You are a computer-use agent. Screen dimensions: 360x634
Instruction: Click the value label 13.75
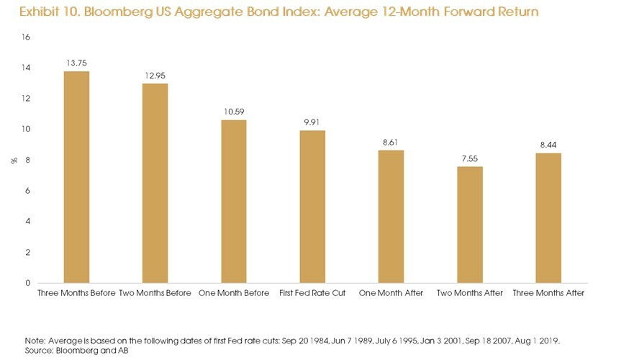coord(76,63)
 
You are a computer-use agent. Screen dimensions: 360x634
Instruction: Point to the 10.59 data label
coord(234,112)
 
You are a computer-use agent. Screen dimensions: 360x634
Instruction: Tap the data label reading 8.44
coord(548,145)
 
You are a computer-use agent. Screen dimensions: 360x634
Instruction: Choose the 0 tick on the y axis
coord(27,283)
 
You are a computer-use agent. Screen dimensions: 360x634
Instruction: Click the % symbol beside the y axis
coord(12,160)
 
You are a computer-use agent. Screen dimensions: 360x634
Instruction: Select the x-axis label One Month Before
coord(233,293)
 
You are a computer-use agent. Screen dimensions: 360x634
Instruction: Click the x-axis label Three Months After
coord(548,293)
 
